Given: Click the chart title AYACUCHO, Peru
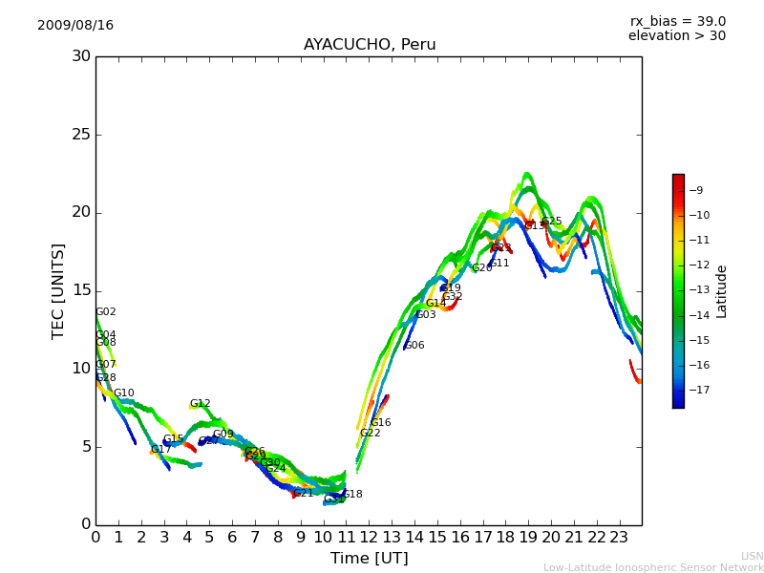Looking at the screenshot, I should point(370,45).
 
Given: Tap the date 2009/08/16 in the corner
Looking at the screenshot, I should point(75,25).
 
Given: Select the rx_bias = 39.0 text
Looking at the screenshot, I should point(677,21).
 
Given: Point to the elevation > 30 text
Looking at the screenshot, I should point(676,36).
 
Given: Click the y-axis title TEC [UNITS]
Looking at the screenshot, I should point(58,290).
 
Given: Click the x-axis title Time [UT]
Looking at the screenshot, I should point(369,559).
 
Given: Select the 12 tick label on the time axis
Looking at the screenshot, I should point(369,537).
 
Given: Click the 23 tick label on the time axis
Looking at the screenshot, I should point(619,537).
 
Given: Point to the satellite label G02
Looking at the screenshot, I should point(106,312).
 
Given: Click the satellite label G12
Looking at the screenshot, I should point(201,404).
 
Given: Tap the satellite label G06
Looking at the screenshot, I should point(414,346).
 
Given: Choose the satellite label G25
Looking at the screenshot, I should point(552,222).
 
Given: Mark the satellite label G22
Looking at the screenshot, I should point(371,434).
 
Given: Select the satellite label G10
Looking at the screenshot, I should point(124,393).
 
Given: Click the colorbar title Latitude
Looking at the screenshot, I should point(722,291).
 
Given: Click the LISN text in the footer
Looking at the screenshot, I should point(752,556).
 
